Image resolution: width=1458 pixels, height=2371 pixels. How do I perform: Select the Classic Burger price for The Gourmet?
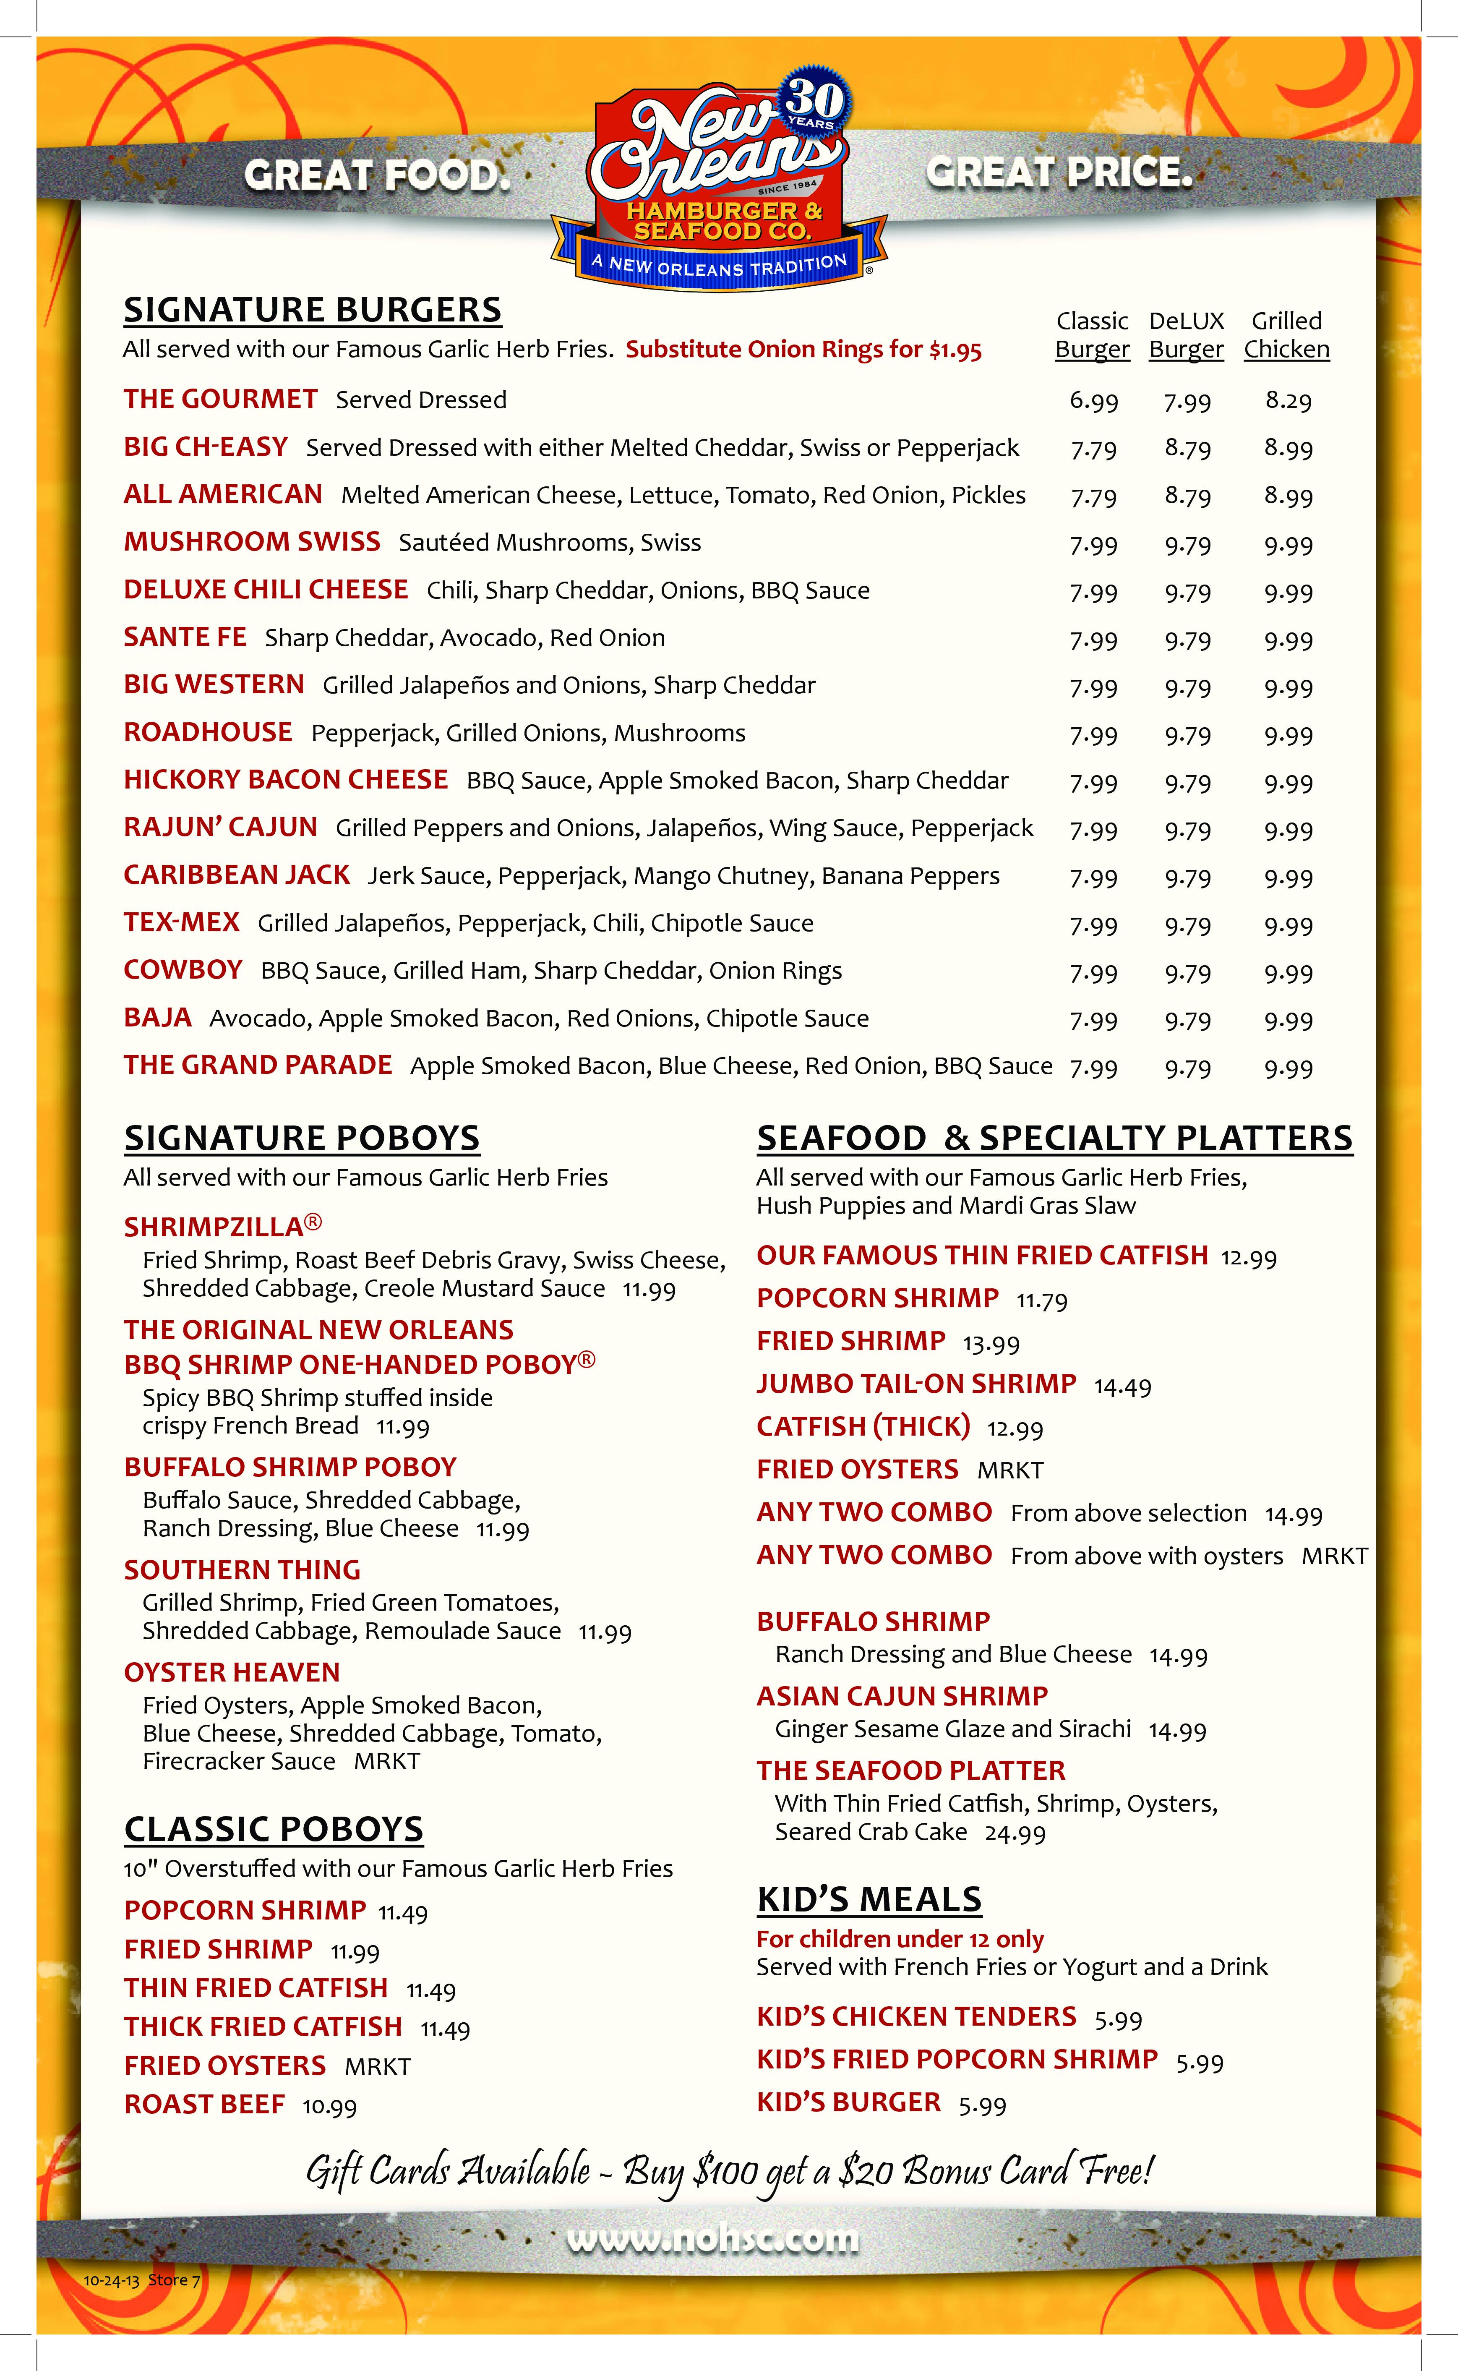(1093, 401)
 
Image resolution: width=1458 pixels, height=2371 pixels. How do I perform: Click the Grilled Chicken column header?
(1286, 334)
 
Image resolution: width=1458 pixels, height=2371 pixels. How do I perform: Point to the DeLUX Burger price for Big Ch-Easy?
(1187, 448)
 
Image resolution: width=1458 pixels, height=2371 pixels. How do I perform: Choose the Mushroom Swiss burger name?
(252, 542)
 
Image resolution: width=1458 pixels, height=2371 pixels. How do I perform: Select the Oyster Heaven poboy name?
(232, 1672)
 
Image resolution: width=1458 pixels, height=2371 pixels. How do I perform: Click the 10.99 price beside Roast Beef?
(330, 2106)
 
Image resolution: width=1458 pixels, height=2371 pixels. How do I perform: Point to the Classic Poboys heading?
(274, 1829)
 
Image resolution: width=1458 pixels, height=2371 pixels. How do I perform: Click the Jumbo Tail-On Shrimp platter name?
(916, 1384)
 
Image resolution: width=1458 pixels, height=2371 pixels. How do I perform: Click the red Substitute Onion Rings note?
(803, 350)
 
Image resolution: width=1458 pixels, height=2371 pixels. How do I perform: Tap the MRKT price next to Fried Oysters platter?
(1009, 1470)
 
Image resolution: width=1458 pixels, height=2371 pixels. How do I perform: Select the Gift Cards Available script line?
(729, 2171)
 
